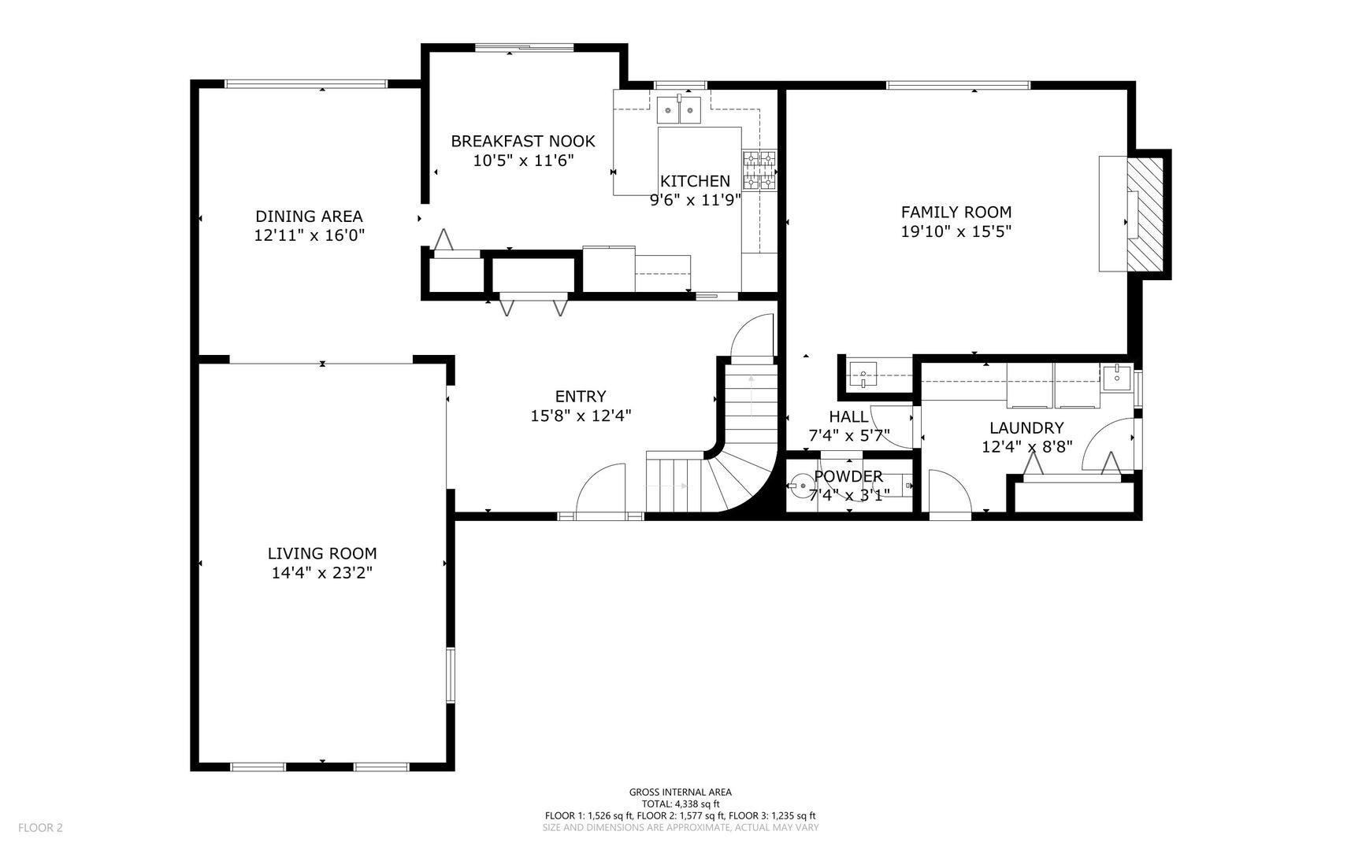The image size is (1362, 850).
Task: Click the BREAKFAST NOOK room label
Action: tap(522, 142)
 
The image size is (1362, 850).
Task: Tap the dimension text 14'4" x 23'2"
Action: tap(321, 573)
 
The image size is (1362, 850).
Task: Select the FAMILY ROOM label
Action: tap(956, 212)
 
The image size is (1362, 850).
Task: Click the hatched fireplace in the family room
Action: tap(1145, 214)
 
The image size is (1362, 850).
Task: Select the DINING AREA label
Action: tap(309, 216)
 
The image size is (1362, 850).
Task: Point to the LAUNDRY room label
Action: tap(1026, 428)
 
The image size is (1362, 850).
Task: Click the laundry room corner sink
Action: tap(1116, 377)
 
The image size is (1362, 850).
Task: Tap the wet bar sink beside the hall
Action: tap(863, 374)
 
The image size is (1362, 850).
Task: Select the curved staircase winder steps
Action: tap(737, 480)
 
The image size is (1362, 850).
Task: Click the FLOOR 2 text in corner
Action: tap(40, 827)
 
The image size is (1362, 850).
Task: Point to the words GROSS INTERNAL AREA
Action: tap(680, 793)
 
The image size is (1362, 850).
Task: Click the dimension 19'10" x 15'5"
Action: tap(956, 231)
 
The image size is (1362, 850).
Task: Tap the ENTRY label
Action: tap(581, 397)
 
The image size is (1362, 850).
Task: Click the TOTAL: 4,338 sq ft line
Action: tap(680, 804)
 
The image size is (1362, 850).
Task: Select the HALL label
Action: tap(848, 416)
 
